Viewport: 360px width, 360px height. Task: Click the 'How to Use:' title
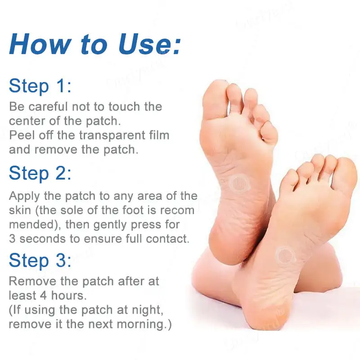[x=95, y=44]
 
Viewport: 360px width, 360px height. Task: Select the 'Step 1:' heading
[x=40, y=86]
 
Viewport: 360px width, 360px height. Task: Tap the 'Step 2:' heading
[x=40, y=173]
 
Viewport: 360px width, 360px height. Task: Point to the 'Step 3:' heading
[x=40, y=261]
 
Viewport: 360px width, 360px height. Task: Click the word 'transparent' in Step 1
[x=112, y=135]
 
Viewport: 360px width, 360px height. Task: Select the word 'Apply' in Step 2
[x=24, y=197]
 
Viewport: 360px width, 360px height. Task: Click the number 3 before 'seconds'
[x=12, y=239]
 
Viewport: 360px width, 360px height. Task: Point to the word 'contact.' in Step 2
[x=167, y=239]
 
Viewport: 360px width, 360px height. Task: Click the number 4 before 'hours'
[x=43, y=296]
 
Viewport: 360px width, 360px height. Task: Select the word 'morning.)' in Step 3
[x=144, y=324]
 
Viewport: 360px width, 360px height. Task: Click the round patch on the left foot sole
[x=239, y=183]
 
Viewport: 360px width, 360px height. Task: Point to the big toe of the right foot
[x=346, y=175]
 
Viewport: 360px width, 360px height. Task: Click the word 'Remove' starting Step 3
[x=32, y=282]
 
